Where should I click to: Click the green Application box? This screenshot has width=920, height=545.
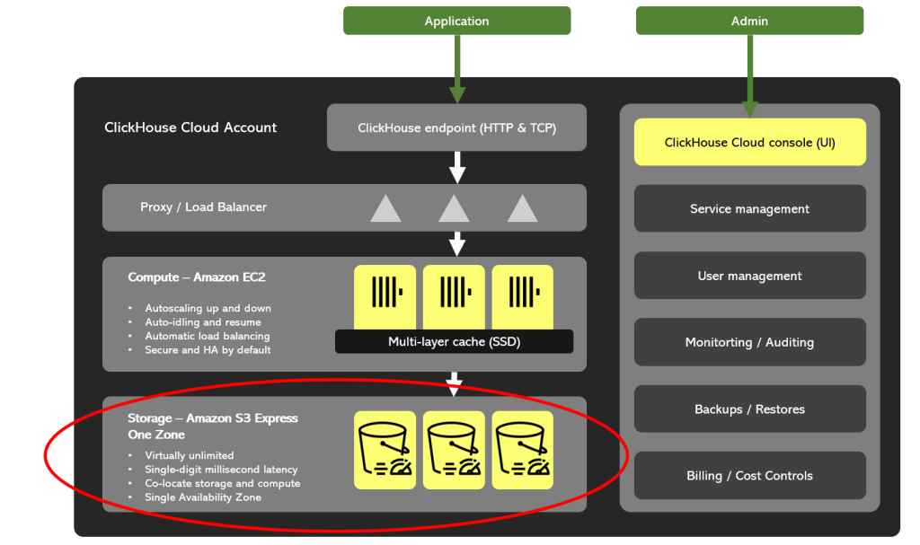(456, 21)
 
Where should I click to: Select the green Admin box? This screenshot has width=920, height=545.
(749, 21)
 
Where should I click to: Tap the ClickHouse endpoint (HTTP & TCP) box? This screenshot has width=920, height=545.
(456, 127)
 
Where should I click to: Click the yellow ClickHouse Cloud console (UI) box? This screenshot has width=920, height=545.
(749, 142)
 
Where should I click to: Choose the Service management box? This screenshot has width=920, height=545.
(749, 208)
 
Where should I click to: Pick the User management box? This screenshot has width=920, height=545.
(749, 276)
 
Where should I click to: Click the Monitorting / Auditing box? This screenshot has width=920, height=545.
(749, 342)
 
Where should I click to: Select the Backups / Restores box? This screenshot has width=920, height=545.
(749, 409)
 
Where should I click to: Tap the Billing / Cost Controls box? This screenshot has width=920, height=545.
(749, 475)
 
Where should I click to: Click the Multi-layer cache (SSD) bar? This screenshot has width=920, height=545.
(454, 341)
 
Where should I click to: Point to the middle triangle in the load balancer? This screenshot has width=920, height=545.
(454, 208)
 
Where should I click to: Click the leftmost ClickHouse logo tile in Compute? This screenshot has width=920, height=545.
(385, 294)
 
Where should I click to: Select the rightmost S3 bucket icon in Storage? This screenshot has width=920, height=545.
(523, 449)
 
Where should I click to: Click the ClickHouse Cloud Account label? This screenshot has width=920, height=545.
(190, 127)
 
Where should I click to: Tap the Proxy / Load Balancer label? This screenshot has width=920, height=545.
(203, 207)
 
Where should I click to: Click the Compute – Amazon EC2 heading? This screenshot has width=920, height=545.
(196, 277)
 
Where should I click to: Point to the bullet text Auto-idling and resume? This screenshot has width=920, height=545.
(203, 321)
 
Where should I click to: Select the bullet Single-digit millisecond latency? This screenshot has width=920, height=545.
(221, 469)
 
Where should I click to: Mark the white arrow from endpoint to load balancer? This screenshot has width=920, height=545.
(456, 167)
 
